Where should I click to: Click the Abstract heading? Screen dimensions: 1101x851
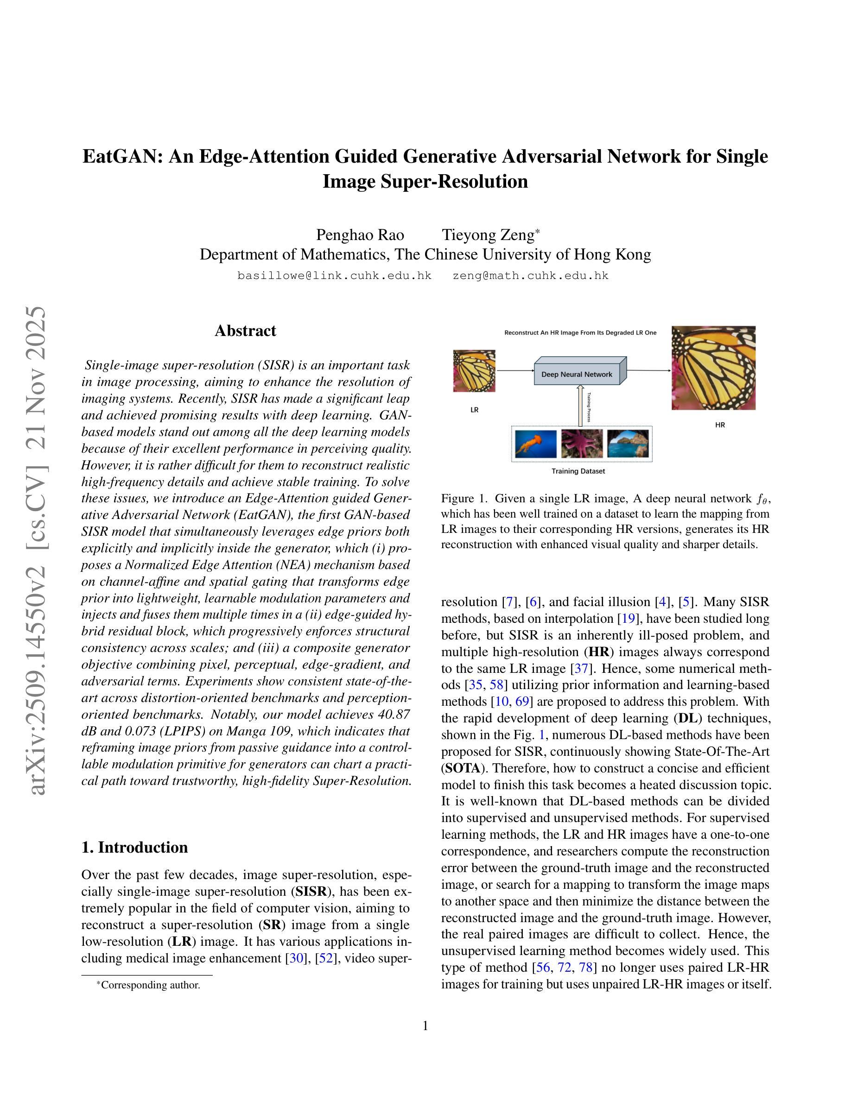pyautogui.click(x=245, y=331)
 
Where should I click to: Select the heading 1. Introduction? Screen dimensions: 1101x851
pyautogui.click(x=134, y=848)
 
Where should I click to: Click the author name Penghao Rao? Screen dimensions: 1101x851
pyautogui.click(x=360, y=235)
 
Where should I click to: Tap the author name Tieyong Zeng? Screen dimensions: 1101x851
pyautogui.click(x=488, y=235)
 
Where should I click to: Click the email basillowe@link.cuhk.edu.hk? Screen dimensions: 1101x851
pyautogui.click(x=334, y=276)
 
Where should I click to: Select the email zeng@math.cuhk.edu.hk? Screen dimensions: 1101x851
pyautogui.click(x=530, y=276)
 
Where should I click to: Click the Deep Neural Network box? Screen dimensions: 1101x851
pyautogui.click(x=577, y=374)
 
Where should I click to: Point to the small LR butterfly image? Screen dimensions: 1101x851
pyautogui.click(x=474, y=371)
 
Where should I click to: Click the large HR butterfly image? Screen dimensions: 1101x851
pyautogui.click(x=713, y=367)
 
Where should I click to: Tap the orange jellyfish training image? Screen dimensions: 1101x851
pyautogui.click(x=536, y=443)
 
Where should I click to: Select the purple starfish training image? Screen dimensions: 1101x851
pyautogui.click(x=582, y=443)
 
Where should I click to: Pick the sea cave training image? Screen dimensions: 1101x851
pyautogui.click(x=628, y=443)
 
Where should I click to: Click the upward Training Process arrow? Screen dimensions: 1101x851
pyautogui.click(x=580, y=406)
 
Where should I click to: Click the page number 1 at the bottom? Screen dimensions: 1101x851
pyautogui.click(x=425, y=1025)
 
